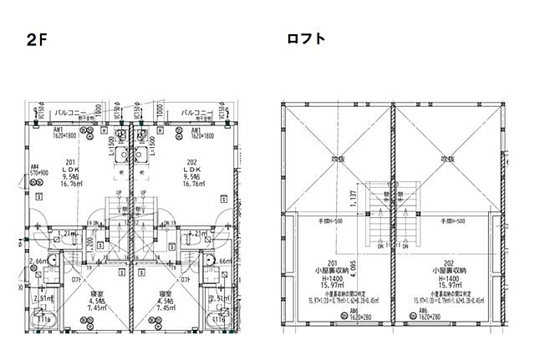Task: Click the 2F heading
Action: (x=35, y=41)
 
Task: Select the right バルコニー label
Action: (x=199, y=110)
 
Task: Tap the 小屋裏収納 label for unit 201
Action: (x=333, y=271)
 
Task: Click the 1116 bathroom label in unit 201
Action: (x=43, y=320)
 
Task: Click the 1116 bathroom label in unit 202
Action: (x=218, y=320)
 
